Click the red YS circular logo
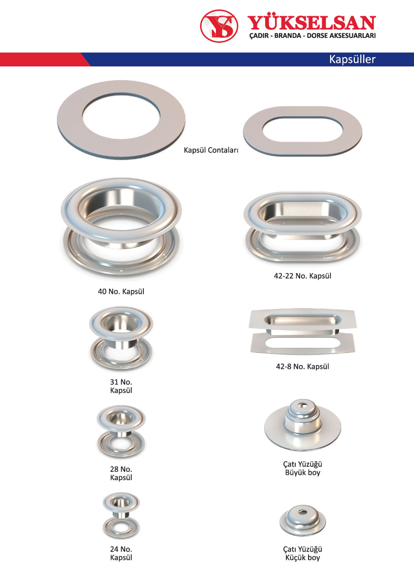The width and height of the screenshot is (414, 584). [x=219, y=26]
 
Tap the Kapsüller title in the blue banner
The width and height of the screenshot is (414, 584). [x=352, y=59]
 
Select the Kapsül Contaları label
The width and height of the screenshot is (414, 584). [x=211, y=150]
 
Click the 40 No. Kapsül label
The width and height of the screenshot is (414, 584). [x=121, y=292]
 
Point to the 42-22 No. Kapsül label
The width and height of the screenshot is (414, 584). [x=303, y=276]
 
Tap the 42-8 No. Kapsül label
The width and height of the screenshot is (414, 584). [x=303, y=367]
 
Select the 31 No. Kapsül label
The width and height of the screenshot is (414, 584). [x=121, y=386]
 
